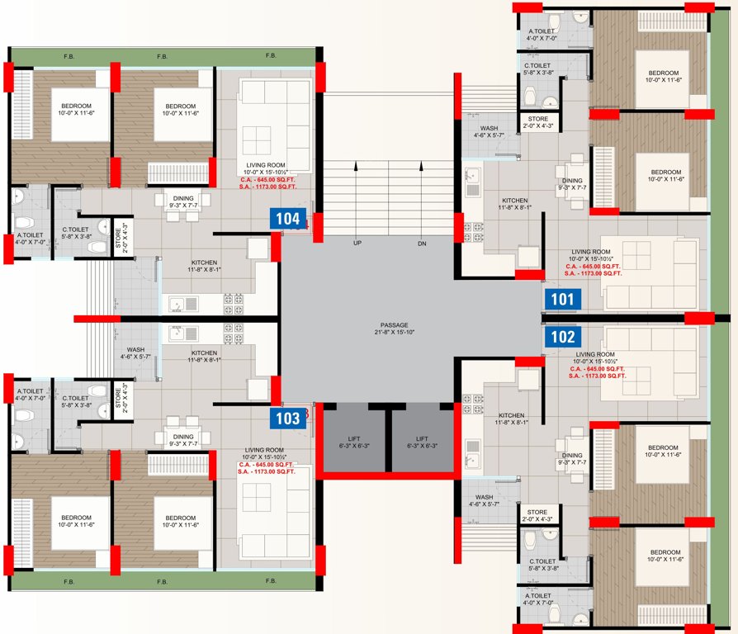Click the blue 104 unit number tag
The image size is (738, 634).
[x=288, y=219]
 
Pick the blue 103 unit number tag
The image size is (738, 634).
[x=288, y=419]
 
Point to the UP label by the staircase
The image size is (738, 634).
[x=357, y=244]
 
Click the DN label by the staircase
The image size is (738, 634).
[x=422, y=244]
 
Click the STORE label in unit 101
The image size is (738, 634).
[x=537, y=120]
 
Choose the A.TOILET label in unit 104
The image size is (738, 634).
[x=30, y=234]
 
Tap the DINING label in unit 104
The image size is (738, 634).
[x=183, y=197]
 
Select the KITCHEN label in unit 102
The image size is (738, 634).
[x=511, y=415]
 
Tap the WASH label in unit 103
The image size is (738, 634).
[x=136, y=349]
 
